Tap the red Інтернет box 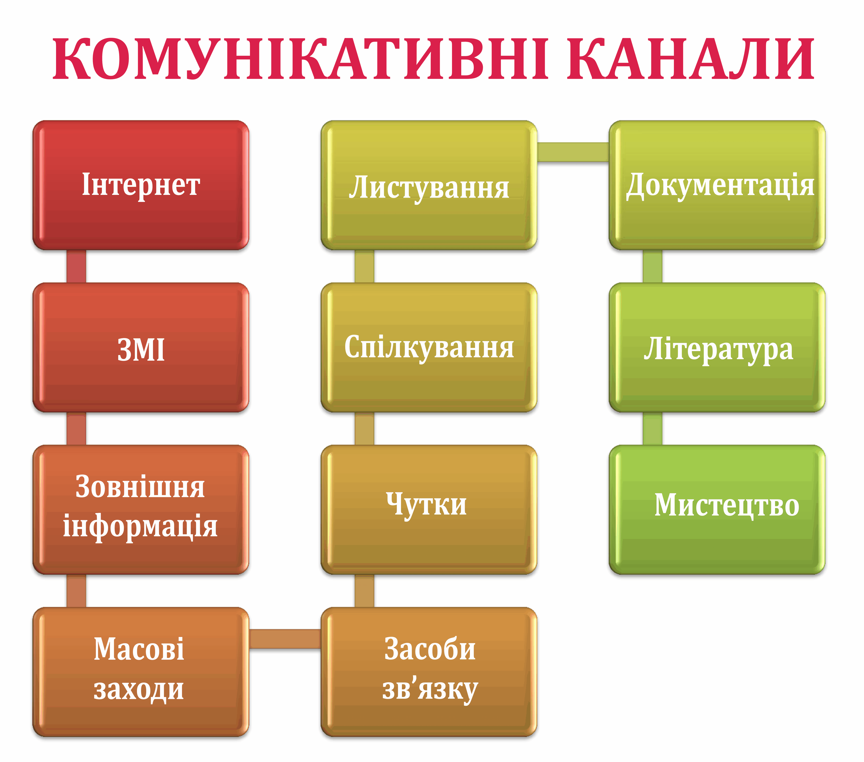click(141, 185)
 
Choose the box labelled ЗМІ click(141, 347)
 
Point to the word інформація click(140, 526)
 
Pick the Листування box click(429, 185)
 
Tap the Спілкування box click(429, 347)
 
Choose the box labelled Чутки click(429, 509)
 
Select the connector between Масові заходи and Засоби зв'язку click(285, 639)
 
